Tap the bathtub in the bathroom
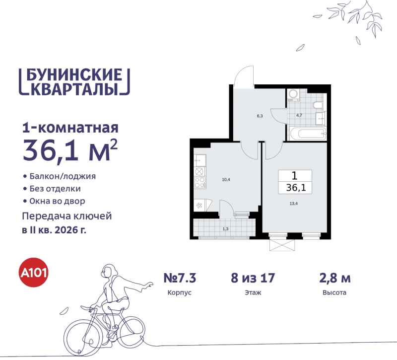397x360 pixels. pos(308,133)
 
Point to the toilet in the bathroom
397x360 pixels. pos(318,105)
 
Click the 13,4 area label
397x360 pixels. pos(294,203)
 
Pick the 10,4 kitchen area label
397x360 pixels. pos(226,179)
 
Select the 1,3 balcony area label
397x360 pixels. pos(226,228)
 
